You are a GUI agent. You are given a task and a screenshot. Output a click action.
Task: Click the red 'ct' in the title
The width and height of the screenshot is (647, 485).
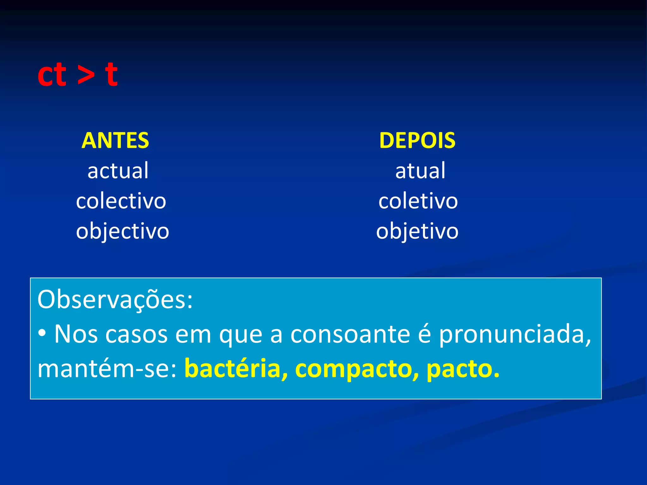click(x=52, y=75)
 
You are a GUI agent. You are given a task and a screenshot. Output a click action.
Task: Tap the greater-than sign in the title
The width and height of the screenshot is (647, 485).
click(x=86, y=76)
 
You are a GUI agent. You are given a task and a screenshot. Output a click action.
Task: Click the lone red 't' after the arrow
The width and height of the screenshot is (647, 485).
click(x=111, y=75)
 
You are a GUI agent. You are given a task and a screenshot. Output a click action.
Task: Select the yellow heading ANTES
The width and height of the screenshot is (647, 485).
click(x=115, y=141)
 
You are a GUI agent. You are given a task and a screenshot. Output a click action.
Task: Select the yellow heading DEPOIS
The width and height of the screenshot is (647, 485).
click(x=417, y=141)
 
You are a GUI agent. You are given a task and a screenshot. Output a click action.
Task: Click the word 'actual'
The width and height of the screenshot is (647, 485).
click(x=118, y=171)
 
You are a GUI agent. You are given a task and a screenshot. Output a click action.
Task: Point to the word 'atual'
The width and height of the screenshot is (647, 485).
click(x=420, y=171)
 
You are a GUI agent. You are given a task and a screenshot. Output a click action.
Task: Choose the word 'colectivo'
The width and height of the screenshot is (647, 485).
click(x=121, y=201)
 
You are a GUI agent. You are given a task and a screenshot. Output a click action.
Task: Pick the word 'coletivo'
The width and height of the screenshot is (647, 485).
click(x=418, y=201)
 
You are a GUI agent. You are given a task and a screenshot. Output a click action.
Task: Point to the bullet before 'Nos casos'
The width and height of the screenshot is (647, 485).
click(x=42, y=333)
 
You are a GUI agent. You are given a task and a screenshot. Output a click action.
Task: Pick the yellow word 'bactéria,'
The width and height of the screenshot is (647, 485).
click(x=236, y=368)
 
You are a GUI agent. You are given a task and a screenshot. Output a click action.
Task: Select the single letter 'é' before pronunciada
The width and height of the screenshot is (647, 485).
click(x=425, y=334)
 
